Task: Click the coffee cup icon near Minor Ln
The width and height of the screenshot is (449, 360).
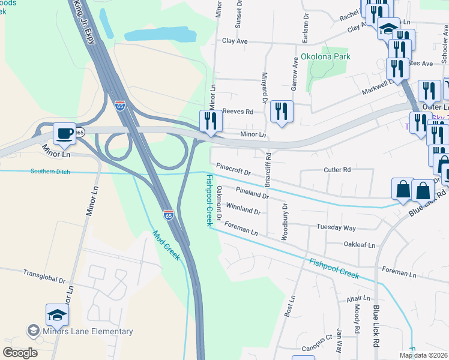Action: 64,133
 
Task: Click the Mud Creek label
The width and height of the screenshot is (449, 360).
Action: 167,245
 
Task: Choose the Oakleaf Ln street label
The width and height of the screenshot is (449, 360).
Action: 359,245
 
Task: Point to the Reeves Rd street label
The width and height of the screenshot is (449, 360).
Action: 238,112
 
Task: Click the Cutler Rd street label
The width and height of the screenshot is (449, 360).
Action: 337,170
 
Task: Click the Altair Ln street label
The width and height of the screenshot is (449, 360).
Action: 358,298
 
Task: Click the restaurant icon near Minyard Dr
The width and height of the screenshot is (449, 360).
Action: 281,110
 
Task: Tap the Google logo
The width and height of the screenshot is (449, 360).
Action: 20,353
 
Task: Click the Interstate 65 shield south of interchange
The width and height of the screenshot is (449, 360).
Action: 168,214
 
